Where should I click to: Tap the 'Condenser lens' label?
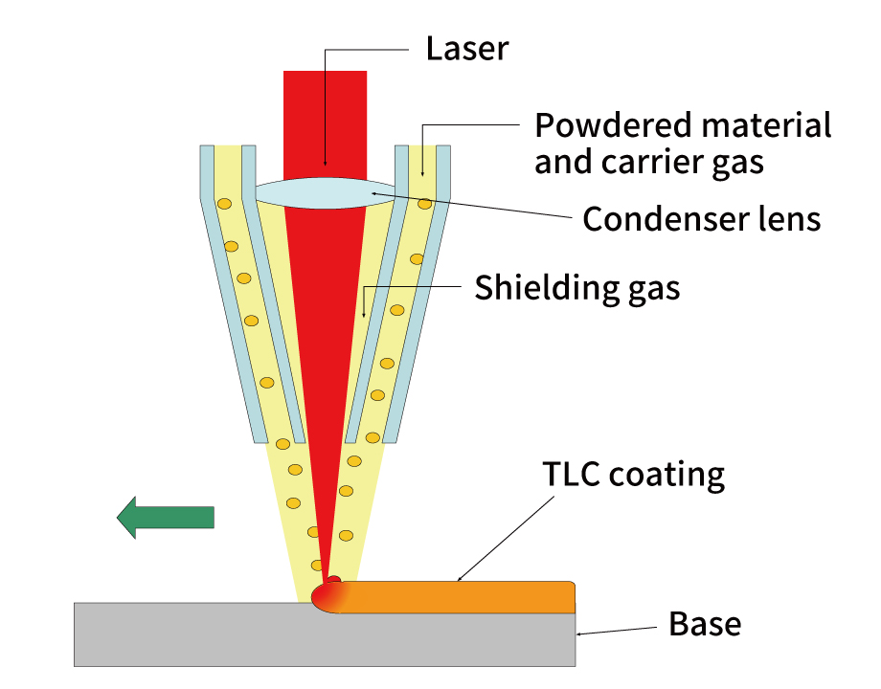[x=702, y=219]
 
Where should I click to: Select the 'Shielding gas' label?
[x=576, y=287]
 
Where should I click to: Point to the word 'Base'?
[x=705, y=625]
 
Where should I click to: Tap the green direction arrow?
[x=165, y=518]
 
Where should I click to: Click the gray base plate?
[x=287, y=636]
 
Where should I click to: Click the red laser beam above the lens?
[x=325, y=115]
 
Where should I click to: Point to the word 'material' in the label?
[x=758, y=125]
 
